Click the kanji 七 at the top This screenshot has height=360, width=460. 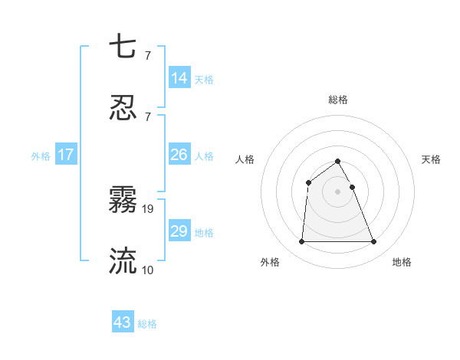point(123,47)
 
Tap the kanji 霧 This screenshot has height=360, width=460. point(123,200)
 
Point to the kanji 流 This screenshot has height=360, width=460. point(123,260)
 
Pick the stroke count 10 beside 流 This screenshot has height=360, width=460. point(148,270)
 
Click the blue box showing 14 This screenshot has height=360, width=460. point(179,78)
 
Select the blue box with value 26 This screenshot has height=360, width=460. point(179,155)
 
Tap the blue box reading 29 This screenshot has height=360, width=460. point(179,231)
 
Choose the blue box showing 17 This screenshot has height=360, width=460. point(66,155)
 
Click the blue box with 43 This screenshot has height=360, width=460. point(123,322)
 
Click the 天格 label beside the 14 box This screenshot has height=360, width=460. point(204,80)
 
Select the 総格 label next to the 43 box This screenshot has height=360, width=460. point(147,324)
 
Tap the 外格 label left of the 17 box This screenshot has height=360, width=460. point(41,156)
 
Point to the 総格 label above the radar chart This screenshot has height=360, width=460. point(338,100)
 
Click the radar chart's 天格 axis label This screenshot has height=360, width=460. point(431,159)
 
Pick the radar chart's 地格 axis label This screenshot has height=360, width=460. point(402,263)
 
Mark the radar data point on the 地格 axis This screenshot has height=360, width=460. point(374,242)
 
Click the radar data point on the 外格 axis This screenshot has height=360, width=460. point(301,242)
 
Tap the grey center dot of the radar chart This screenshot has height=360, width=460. point(338,191)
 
